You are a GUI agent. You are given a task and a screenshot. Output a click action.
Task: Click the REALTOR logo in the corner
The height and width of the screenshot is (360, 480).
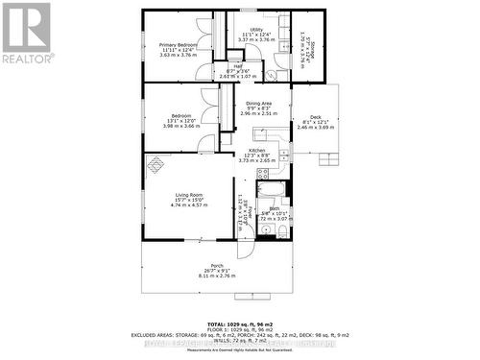(27, 33)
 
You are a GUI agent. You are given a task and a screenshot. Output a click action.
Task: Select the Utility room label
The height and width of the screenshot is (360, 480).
(255, 30)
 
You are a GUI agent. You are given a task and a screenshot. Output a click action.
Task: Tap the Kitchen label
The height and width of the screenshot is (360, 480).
(256, 151)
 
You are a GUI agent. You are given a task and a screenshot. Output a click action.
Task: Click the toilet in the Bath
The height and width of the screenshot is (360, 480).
(272, 231)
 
